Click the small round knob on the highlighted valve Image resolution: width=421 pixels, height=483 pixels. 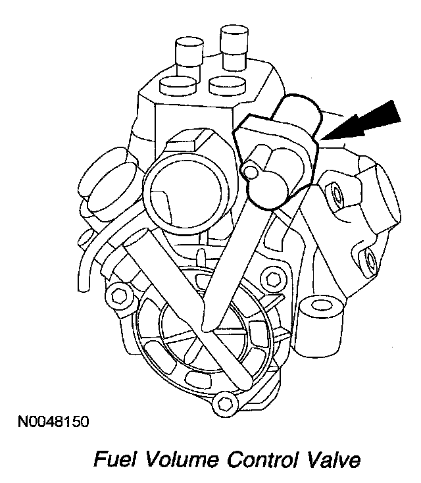252,171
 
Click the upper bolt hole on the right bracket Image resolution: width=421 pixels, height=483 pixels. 338,194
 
